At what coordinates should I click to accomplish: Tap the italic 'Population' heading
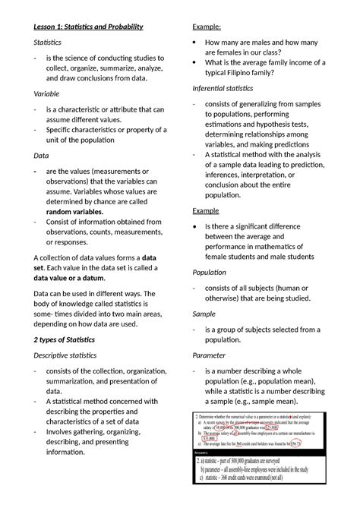213,272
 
